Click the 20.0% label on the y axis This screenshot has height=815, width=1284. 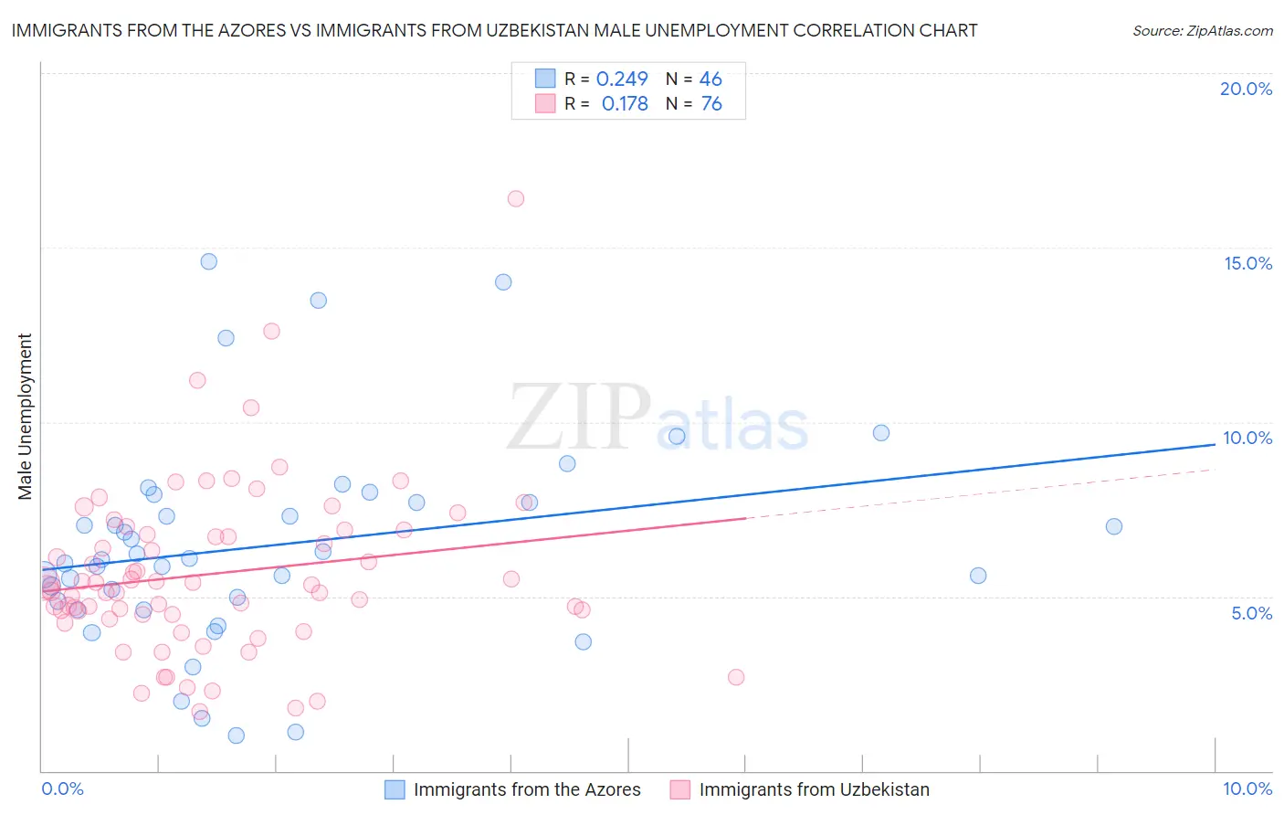pos(1246,89)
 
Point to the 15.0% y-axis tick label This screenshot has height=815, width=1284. pos(1247,263)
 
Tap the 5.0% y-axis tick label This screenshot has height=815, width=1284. pos(1251,613)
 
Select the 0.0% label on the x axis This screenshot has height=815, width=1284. pos(62,789)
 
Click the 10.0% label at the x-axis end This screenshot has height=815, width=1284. pos(1247,789)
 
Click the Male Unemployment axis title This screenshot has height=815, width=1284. pos(25,417)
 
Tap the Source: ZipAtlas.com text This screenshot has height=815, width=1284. pos(1202,31)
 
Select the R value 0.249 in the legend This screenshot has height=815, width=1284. pos(622,79)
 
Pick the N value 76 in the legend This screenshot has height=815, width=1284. pos(711,104)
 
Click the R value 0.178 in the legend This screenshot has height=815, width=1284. pos(625,104)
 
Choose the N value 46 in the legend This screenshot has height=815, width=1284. pos(710,79)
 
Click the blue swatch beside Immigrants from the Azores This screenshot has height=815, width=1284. pos(395,789)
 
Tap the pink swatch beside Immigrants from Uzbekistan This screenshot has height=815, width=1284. pos(680,789)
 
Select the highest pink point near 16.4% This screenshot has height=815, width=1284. pos(516,198)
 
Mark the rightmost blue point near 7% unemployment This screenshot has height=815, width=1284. pos(1114,526)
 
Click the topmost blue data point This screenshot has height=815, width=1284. pos(209,261)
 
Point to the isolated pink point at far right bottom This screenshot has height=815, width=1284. pos(736,677)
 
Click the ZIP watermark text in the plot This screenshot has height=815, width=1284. pos(578,418)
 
